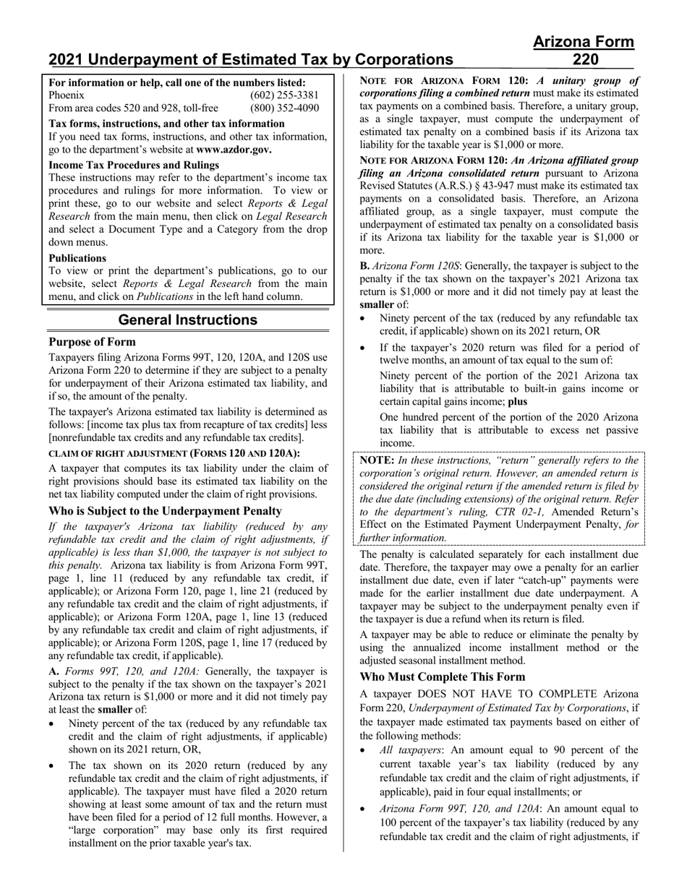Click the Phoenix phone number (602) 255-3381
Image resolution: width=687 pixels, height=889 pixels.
coord(284,95)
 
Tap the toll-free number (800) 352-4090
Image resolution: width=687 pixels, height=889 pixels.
coord(284,108)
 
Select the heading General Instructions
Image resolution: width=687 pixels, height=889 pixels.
coord(187,319)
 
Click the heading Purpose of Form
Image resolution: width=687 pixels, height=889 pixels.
coord(92,342)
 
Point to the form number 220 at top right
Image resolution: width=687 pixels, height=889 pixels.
coord(584,59)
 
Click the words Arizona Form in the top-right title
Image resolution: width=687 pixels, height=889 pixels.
coord(584,42)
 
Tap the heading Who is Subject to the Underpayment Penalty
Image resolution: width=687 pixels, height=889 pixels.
coord(165,511)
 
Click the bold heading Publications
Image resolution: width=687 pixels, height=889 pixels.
coord(77,258)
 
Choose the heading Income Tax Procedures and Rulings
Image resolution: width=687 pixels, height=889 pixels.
coord(134,165)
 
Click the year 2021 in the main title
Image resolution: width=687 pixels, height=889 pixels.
coord(67,59)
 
